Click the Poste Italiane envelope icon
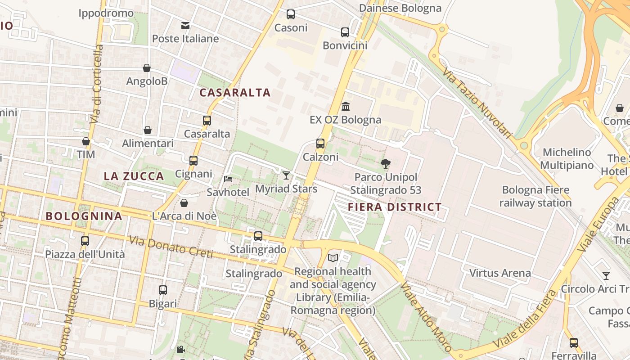coord(185,25)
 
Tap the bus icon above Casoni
coord(291,14)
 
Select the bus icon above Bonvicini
coord(345,32)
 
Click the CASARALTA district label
coord(235,93)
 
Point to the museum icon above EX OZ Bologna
coord(346,107)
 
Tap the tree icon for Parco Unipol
coord(386,164)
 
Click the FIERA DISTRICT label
coord(395,207)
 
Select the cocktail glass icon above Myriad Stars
coord(286,175)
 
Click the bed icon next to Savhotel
coord(228,179)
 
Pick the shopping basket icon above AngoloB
coord(147,68)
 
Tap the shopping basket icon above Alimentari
coord(148,130)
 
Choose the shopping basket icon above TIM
coord(86,141)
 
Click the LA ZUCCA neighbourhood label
coord(134,176)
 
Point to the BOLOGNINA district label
coord(84,216)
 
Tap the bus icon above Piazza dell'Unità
coord(85,241)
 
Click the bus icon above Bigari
coord(163,290)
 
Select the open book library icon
coord(333,258)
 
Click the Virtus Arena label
coord(500,273)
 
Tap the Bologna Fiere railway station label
coord(535,196)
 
